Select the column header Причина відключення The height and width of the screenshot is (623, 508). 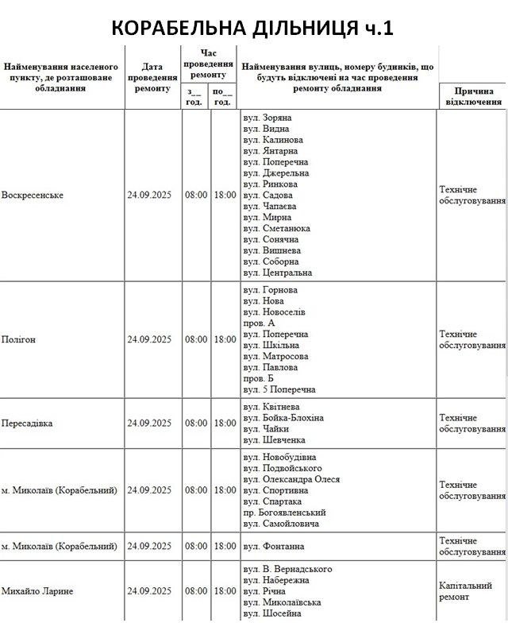[x=473, y=96]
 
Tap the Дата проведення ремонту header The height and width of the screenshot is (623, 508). [x=151, y=78]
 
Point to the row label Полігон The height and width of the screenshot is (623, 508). [x=19, y=339]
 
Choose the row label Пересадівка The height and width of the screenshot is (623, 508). [x=27, y=424]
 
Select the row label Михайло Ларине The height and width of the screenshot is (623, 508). [x=37, y=591]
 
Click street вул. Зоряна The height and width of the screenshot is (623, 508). [x=267, y=118]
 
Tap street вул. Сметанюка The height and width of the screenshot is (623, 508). [x=277, y=228]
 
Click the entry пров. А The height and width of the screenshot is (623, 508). [x=259, y=323]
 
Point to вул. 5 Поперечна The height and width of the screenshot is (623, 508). [x=279, y=390]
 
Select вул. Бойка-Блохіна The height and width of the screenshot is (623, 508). [x=283, y=417]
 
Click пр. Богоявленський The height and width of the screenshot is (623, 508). [x=285, y=513]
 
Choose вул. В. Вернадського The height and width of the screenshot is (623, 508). [x=287, y=569]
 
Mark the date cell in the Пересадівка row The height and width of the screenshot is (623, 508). [x=149, y=424]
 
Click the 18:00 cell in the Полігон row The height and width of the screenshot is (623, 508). [x=225, y=339]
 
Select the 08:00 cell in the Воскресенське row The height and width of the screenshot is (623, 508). [x=196, y=195]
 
